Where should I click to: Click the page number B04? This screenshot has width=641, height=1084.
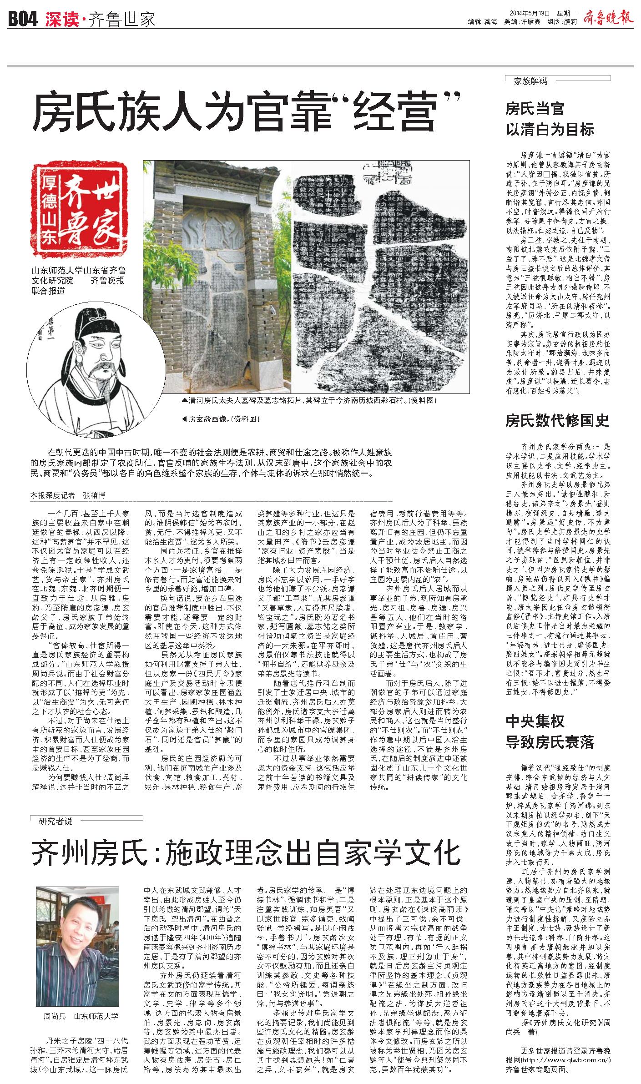point(22,20)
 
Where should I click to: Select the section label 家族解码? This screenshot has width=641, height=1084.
point(530,81)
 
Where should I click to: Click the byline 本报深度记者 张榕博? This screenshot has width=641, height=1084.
point(68,495)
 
